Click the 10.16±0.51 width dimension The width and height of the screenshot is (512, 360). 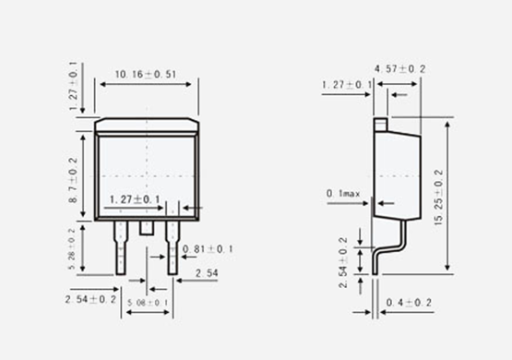click(x=146, y=75)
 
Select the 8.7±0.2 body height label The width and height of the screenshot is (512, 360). click(x=74, y=180)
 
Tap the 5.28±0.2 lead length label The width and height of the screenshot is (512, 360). click(x=72, y=248)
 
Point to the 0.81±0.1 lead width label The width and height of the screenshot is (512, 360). click(x=208, y=249)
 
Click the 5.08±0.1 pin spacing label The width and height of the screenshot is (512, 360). click(x=148, y=303)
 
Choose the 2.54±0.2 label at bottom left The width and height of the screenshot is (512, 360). click(x=90, y=299)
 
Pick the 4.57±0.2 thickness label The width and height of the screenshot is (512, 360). click(x=400, y=69)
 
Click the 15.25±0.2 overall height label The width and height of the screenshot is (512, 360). click(x=439, y=197)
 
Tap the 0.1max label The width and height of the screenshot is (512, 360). click(x=343, y=194)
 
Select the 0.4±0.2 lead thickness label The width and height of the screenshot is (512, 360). click(x=409, y=303)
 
